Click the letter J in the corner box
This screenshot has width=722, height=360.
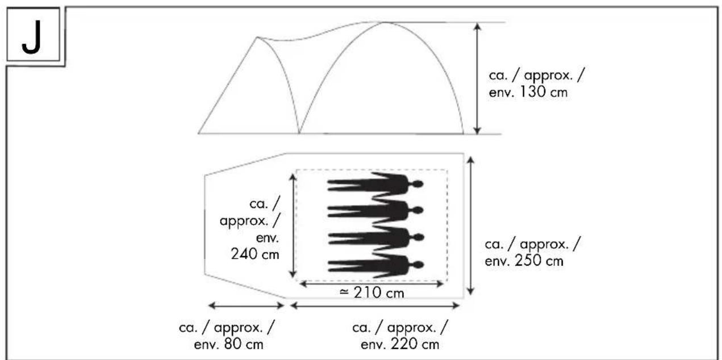[x=32, y=37]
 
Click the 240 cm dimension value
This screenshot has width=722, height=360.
[x=255, y=254]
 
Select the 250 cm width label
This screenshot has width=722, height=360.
[x=532, y=253]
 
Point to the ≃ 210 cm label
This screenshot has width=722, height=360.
[x=372, y=292]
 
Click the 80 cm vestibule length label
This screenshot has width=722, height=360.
[x=227, y=336]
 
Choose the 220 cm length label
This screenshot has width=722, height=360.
[x=400, y=336]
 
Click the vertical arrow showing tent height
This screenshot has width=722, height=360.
[x=477, y=78]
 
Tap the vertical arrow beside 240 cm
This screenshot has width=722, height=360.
[x=293, y=225]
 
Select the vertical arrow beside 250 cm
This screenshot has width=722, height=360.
[x=470, y=226]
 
